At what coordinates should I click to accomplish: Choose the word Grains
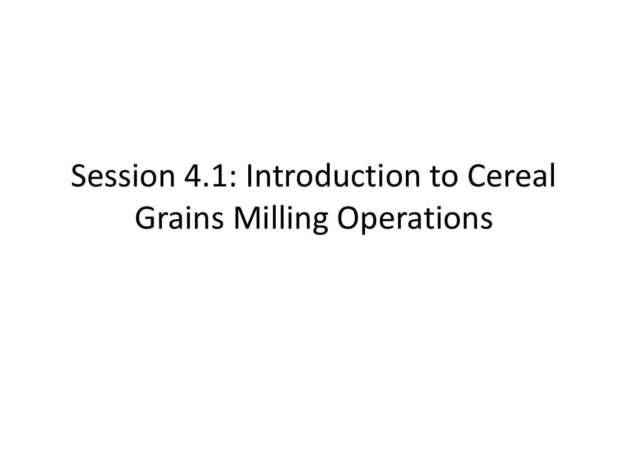point(179,218)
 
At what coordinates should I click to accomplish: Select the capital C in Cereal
point(477,176)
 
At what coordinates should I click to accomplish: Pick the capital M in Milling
point(247,218)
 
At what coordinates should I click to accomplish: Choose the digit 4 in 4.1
point(194,176)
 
